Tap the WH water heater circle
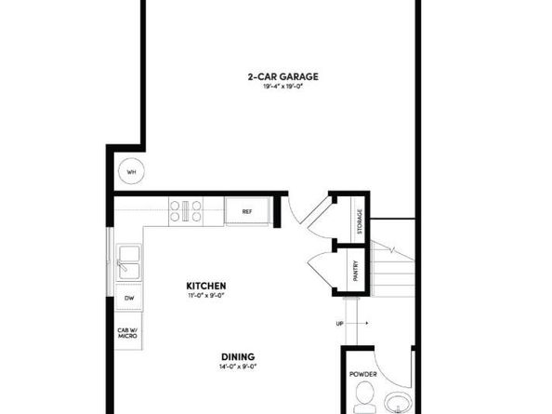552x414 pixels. [x=131, y=172]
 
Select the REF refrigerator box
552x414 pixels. [x=247, y=211]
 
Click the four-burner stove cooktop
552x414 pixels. [x=186, y=211]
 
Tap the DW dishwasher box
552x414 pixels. [x=129, y=298]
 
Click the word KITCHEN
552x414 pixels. [x=206, y=286]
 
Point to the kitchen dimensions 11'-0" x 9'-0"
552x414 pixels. [x=206, y=295]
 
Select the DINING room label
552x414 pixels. [x=238, y=356]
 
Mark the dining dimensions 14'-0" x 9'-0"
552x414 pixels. [x=238, y=367]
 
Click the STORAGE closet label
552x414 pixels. [x=359, y=223]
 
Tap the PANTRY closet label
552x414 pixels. [x=356, y=270]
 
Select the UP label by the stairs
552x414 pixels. [x=340, y=324]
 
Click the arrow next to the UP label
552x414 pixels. [x=359, y=324]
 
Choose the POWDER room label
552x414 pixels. [x=363, y=374]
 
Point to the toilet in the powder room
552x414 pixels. [x=364, y=402]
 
